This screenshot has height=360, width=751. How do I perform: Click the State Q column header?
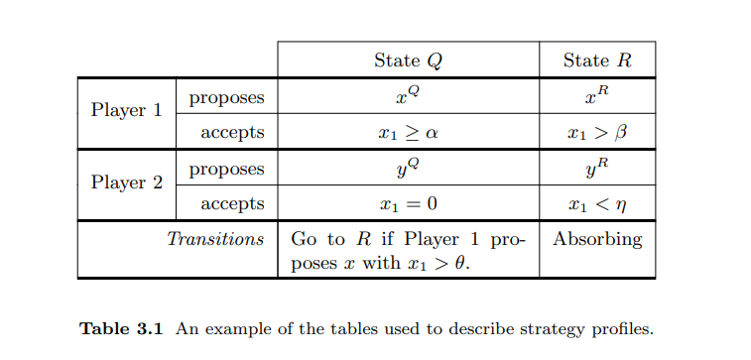coord(408,60)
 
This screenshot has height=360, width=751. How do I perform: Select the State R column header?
coord(596,60)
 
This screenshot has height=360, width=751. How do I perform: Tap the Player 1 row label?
coord(126,110)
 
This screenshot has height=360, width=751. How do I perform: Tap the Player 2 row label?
coord(126,182)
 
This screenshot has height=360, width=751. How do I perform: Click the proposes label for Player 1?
coord(226,97)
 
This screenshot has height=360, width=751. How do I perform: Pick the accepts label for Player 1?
coord(232,132)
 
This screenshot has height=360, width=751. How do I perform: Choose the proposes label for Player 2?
coord(226,169)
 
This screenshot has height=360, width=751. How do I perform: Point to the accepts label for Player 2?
coord(232,204)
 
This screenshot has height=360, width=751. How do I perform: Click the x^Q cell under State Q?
coord(408,96)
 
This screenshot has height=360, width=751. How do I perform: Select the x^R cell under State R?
coord(596,96)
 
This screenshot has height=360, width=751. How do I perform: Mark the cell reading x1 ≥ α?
coord(408,132)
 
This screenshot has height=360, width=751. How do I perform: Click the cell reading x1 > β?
coord(596,132)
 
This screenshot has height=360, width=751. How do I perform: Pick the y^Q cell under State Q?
coord(408,169)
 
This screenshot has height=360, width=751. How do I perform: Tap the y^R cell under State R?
coord(596,169)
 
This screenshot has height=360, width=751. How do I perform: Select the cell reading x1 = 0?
coord(408,204)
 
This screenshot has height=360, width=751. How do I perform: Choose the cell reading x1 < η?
coord(596,204)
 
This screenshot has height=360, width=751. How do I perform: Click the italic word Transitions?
coord(215,239)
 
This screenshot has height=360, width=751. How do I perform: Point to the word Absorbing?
coord(597,239)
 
